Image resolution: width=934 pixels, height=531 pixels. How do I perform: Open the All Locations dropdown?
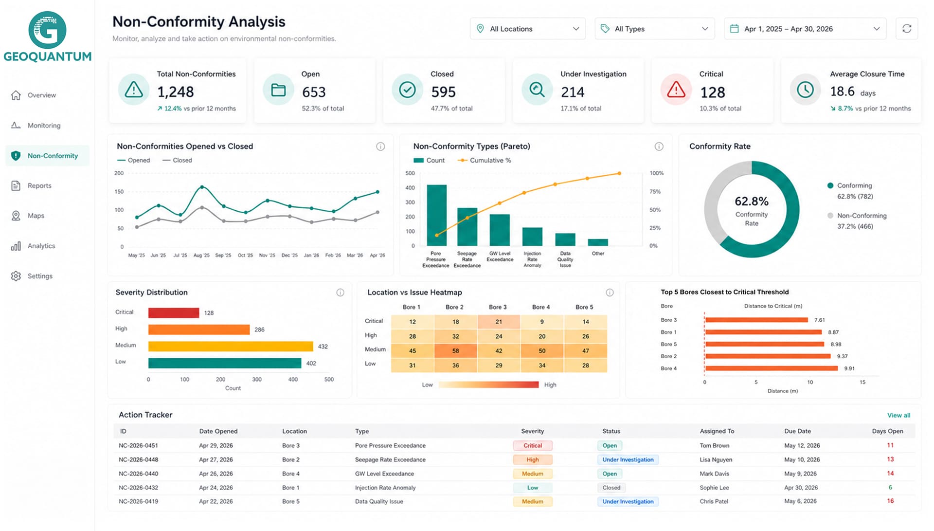coord(528,29)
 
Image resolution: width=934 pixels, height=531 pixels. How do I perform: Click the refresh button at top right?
coord(907,29)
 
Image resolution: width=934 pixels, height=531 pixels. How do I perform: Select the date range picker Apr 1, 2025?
coord(805,29)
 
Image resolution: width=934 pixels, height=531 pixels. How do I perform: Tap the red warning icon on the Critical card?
coord(676,90)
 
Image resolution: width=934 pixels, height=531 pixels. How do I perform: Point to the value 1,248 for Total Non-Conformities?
coord(176,92)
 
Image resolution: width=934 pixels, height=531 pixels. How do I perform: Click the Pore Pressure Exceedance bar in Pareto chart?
coord(437,215)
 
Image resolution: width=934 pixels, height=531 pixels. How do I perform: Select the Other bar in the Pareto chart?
coord(598,242)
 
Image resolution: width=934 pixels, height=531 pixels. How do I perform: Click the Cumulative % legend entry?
coord(485,160)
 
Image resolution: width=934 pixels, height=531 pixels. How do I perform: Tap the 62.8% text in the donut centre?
coord(752,201)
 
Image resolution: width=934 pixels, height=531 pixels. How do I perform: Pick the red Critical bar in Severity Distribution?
coord(174,312)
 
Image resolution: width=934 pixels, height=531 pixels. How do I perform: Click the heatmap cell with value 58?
coord(456,350)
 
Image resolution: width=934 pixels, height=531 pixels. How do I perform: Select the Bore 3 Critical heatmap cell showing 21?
coord(499,322)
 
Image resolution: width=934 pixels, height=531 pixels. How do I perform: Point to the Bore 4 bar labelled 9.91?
coord(772,368)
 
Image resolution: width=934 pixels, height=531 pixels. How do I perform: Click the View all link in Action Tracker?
coord(898,415)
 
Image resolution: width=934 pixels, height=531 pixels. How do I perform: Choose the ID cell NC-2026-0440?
coord(138,474)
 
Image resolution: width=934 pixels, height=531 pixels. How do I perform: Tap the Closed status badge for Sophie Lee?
coord(611,488)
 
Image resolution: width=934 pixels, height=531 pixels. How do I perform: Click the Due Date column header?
coord(797,431)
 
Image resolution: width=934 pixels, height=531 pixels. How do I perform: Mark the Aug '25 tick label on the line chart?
coord(201,255)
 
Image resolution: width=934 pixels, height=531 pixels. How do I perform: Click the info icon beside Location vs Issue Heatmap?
coord(610,293)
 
